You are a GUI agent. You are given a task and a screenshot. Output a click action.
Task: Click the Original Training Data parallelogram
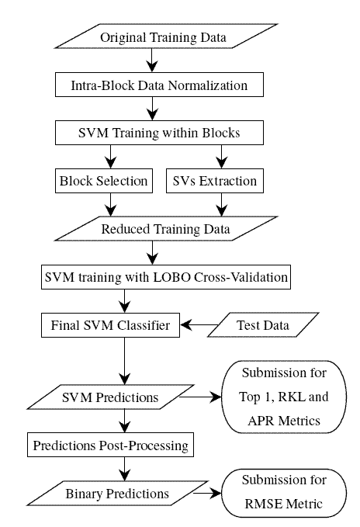[x=166, y=36]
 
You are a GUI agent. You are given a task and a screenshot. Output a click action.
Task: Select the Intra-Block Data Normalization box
[x=159, y=85]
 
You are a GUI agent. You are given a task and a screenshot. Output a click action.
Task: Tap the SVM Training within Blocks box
[x=159, y=133]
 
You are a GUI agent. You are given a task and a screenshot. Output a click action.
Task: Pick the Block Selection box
[x=104, y=181]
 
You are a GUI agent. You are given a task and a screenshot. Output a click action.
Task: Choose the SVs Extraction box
[x=215, y=181]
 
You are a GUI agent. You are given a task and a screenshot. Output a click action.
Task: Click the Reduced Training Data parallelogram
[x=166, y=229]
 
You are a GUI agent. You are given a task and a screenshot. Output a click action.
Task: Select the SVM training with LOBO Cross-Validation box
[x=166, y=277]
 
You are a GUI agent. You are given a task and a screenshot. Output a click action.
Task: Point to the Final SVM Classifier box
[x=110, y=325]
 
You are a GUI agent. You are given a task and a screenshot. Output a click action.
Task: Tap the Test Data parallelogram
[x=263, y=325]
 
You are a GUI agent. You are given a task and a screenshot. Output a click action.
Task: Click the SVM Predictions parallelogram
[x=110, y=397]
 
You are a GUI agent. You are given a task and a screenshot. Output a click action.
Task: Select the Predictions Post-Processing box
[x=110, y=445]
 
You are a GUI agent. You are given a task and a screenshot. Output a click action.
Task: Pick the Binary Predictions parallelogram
[x=117, y=494]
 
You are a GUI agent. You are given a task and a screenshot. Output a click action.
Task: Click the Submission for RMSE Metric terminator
[x=284, y=493]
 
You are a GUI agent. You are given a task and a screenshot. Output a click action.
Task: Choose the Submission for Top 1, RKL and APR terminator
[x=284, y=397]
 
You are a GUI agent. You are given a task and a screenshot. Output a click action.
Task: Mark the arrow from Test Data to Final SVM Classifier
[x=199, y=325]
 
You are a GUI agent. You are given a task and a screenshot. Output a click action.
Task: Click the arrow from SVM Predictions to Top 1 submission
[x=200, y=397]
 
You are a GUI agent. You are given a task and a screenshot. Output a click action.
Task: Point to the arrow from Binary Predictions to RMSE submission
[x=207, y=494]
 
